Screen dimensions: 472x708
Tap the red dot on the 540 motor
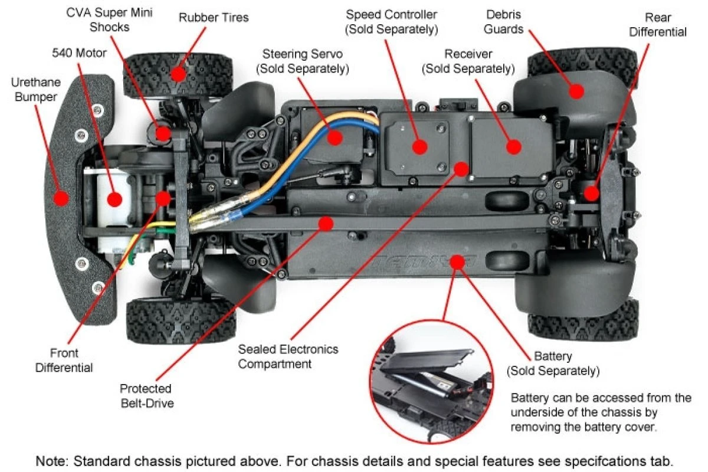[114, 199]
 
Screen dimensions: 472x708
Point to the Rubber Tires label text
[214, 17]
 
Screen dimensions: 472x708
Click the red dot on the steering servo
[335, 138]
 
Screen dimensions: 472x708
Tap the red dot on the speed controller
[419, 147]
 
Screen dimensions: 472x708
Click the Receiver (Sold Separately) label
[468, 61]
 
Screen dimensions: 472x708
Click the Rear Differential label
[657, 24]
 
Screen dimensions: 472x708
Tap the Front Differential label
[64, 360]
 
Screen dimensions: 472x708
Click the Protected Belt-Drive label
[146, 396]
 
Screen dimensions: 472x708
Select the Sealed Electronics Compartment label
[288, 356]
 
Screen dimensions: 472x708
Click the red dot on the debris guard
[576, 91]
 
